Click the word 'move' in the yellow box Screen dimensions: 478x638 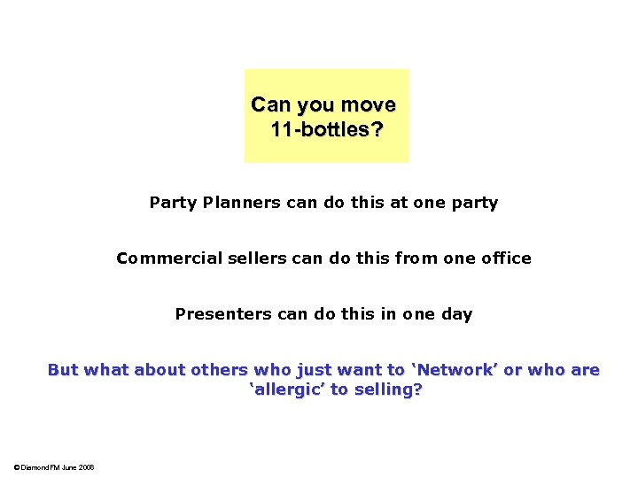point(368,105)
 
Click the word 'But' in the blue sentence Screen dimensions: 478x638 point(63,370)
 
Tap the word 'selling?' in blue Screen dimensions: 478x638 point(386,389)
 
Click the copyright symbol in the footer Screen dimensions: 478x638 point(17,467)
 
